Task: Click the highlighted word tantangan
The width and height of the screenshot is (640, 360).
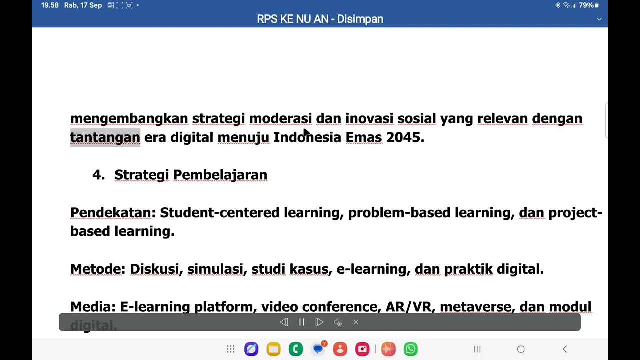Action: click(x=105, y=137)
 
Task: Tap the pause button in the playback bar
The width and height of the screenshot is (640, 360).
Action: click(x=302, y=322)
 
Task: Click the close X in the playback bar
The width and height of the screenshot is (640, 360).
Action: click(x=356, y=322)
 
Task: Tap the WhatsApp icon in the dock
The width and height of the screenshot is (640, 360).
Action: click(x=411, y=349)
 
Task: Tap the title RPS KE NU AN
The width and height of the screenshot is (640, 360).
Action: click(x=292, y=19)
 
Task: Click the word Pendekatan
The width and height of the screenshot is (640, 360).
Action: click(x=111, y=213)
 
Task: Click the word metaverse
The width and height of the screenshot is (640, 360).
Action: click(x=475, y=307)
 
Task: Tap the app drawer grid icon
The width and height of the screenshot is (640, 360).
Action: click(x=230, y=349)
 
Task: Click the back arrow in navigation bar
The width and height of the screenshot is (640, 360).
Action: click(x=565, y=349)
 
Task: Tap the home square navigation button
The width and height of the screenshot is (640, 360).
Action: click(x=521, y=349)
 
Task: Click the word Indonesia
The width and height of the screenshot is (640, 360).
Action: click(x=307, y=137)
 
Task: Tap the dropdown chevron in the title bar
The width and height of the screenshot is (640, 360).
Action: click(x=599, y=19)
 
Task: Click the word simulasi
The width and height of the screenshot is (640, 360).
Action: click(x=215, y=269)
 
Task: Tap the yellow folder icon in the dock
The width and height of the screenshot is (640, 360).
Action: click(x=273, y=349)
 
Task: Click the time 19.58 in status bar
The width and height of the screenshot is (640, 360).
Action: click(x=50, y=5)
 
